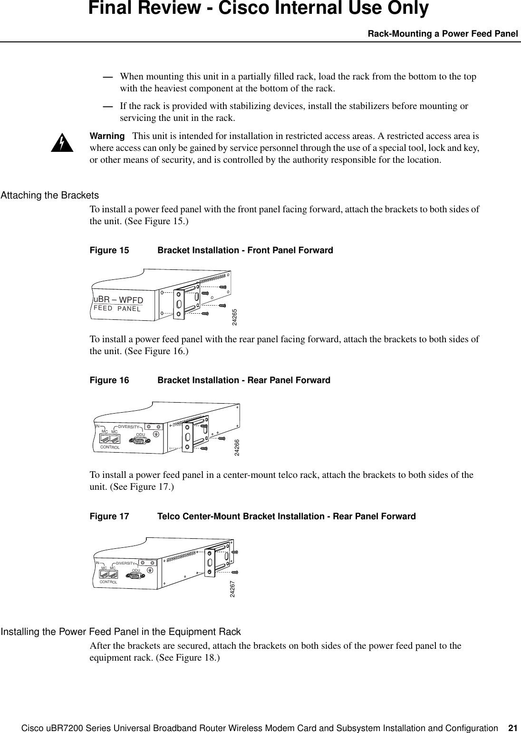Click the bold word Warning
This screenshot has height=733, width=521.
107,136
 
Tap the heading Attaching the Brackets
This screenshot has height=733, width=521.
50,195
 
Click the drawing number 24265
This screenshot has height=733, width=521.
234,317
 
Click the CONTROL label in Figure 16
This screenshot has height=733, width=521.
110,447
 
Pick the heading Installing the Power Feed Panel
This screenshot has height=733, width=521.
121,632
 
